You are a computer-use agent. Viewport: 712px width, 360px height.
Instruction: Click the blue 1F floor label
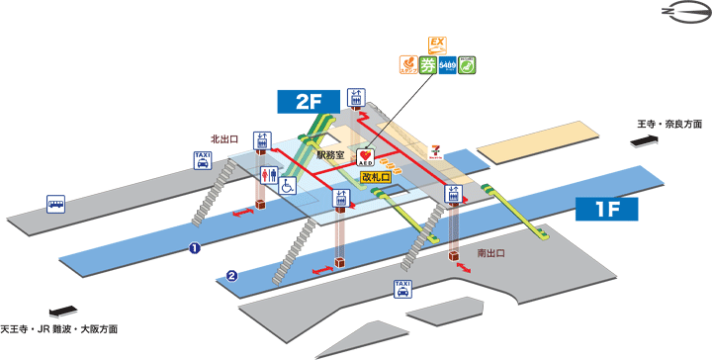click(605, 209)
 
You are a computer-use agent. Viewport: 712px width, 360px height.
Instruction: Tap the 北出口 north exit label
click(224, 139)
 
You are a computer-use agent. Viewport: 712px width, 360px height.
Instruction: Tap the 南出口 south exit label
click(491, 253)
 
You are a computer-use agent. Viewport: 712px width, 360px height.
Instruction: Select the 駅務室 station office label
click(330, 155)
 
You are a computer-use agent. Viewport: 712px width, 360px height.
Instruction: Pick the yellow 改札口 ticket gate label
click(377, 177)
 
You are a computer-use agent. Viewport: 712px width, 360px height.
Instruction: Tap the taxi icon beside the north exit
click(203, 160)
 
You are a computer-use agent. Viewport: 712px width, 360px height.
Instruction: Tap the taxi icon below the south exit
click(402, 288)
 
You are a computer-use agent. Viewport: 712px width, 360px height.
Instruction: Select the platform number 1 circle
click(195, 248)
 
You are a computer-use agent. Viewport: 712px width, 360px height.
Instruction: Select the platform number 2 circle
click(230, 275)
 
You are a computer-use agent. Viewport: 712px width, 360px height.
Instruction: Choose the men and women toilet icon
click(268, 175)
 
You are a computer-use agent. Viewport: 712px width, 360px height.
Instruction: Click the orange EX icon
click(437, 44)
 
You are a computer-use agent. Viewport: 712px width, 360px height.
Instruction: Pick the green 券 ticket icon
click(427, 65)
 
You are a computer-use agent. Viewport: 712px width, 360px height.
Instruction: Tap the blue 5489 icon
click(447, 65)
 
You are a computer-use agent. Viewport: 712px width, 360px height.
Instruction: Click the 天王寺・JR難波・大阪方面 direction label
click(60, 327)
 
